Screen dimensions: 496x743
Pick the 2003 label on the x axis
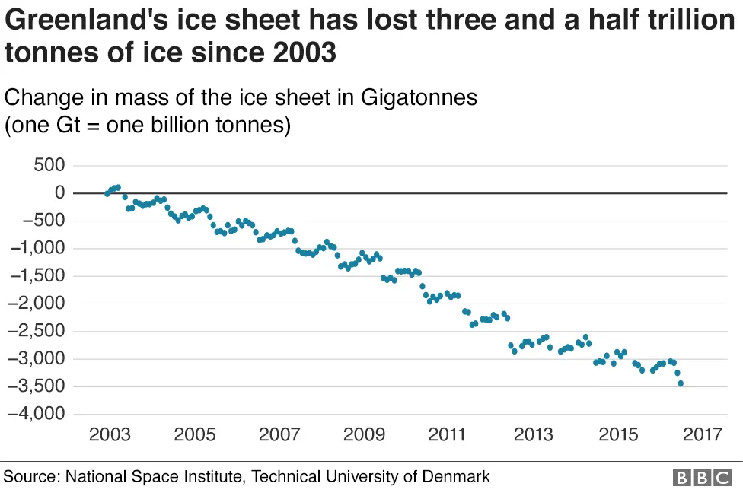(x=110, y=435)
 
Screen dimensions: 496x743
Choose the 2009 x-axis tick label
(x=364, y=435)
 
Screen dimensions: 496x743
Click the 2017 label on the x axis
(x=702, y=435)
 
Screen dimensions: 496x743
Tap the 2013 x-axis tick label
(x=533, y=435)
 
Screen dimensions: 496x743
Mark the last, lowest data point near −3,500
(x=681, y=383)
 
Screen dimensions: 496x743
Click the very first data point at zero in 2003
(x=107, y=193)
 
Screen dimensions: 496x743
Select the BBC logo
(x=701, y=478)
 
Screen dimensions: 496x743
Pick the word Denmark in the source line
(x=458, y=477)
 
